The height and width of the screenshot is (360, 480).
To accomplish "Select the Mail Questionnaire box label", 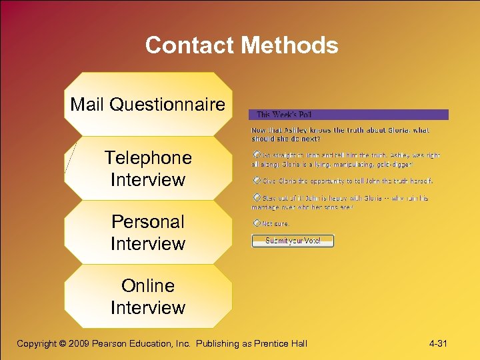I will click(148, 104).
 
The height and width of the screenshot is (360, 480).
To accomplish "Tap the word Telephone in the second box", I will click(148, 158).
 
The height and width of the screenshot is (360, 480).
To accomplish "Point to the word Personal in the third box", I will click(148, 221).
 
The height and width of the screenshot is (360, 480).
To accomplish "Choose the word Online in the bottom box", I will click(148, 285).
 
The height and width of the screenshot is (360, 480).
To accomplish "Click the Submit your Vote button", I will click(293, 241).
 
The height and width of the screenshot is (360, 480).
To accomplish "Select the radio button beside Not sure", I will click(257, 224).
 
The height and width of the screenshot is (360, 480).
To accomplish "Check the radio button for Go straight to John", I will click(257, 155).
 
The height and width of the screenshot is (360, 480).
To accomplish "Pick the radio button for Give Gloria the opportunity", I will click(257, 180).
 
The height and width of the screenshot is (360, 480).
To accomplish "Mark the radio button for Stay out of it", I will click(257, 198).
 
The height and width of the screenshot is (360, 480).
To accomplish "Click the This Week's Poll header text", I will click(285, 115).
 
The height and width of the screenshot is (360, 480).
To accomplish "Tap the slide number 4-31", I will click(438, 343).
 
